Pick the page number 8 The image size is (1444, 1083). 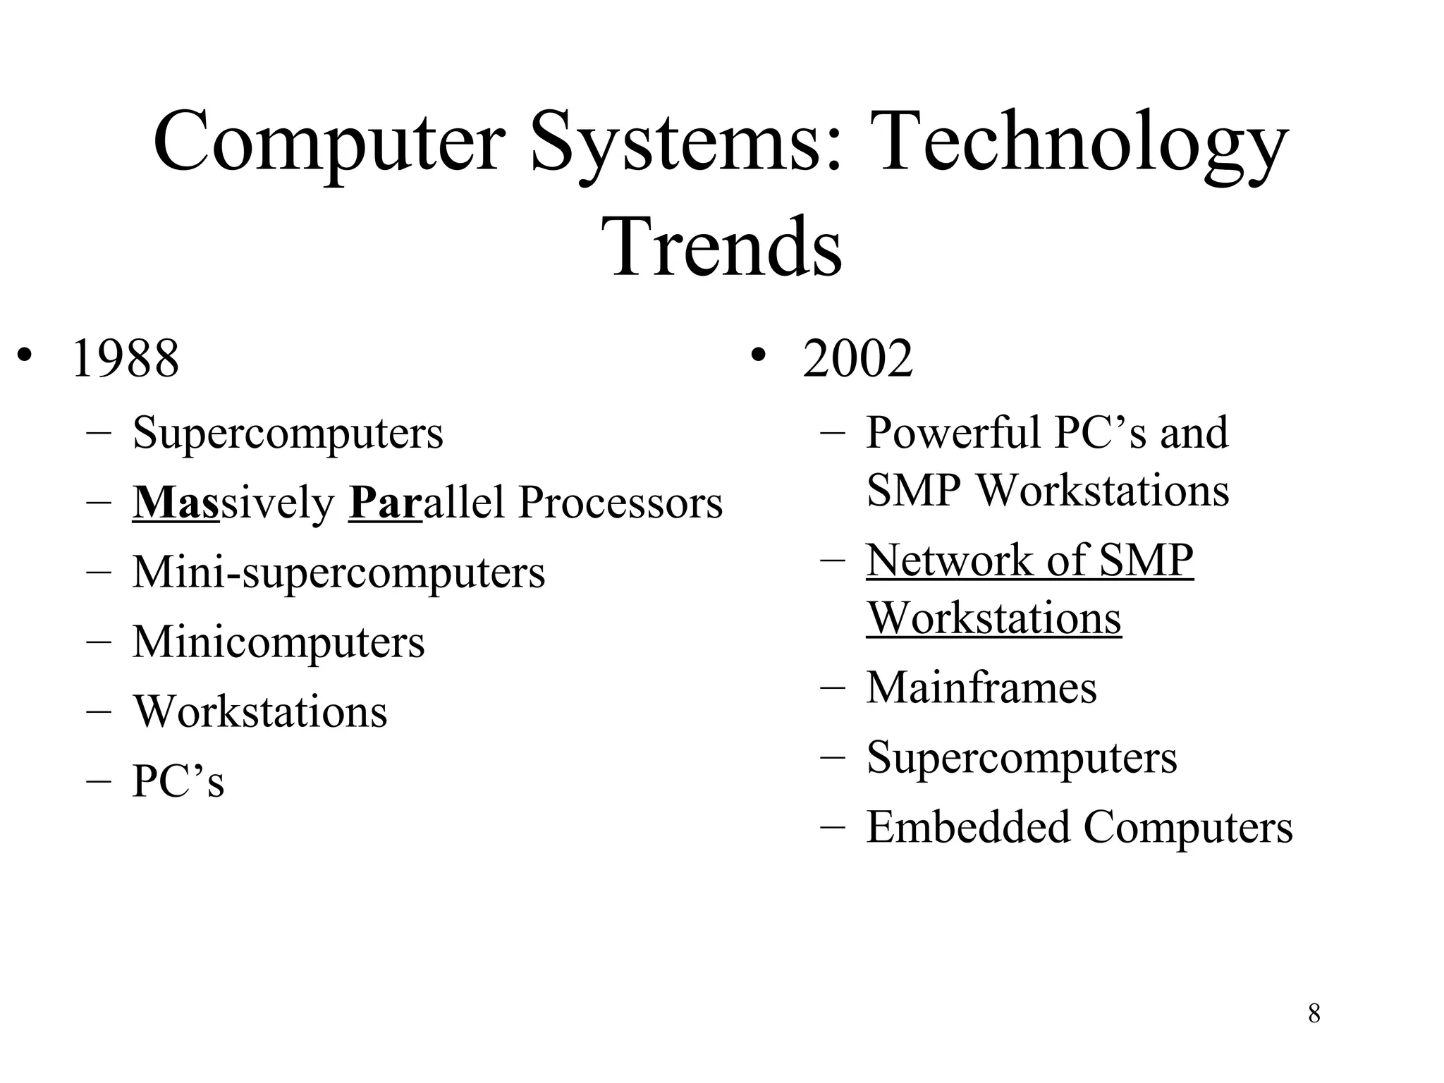(x=1314, y=1014)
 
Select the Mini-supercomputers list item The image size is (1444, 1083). (x=338, y=572)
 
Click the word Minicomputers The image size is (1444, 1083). (x=279, y=642)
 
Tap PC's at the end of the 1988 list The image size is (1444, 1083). (x=178, y=781)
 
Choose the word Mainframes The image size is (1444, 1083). (x=981, y=687)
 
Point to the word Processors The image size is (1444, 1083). (x=620, y=503)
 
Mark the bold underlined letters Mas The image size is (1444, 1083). (x=176, y=503)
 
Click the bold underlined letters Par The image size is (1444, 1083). (x=385, y=503)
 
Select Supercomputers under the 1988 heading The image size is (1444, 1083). (x=288, y=432)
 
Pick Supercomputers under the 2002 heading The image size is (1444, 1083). (x=1022, y=758)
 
